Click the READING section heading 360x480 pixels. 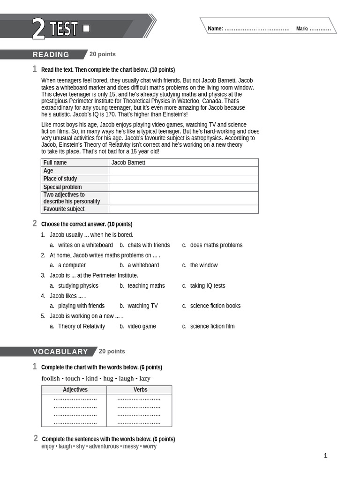(51, 54)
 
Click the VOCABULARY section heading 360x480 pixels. (60, 352)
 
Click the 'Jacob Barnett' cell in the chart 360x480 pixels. (128, 163)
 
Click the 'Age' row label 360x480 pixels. (48, 171)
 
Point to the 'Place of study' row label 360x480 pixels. (60, 179)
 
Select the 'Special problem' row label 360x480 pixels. (62, 187)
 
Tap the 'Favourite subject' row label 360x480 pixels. (64, 209)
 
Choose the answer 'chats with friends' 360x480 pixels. (149, 245)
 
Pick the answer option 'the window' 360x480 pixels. (203, 265)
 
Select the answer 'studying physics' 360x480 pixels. (78, 286)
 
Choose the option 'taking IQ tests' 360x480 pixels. (207, 286)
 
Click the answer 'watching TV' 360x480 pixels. (142, 306)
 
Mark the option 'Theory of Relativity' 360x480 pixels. (81, 326)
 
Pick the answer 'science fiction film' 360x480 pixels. (212, 326)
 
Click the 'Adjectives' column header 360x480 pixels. (75, 390)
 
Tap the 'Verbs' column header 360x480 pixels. (140, 390)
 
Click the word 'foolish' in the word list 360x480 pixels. (51, 378)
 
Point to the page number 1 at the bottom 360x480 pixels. (325, 456)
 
